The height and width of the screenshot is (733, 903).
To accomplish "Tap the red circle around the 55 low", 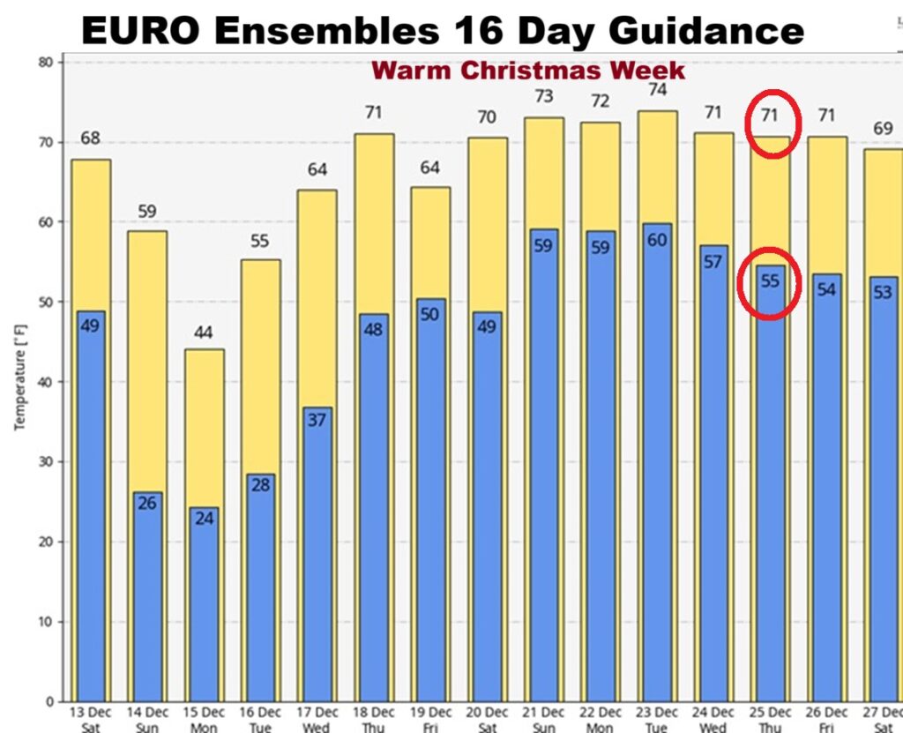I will (x=770, y=282).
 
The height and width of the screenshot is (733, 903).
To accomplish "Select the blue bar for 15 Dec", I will (x=204, y=609).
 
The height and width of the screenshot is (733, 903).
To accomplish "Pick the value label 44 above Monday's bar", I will (x=204, y=333).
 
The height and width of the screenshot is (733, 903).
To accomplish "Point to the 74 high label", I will (x=658, y=89).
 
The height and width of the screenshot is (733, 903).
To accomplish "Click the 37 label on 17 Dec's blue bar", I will (x=317, y=420).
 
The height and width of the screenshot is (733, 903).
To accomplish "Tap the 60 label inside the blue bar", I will (x=658, y=241).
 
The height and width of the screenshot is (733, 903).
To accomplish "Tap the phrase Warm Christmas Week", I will (x=528, y=70).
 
